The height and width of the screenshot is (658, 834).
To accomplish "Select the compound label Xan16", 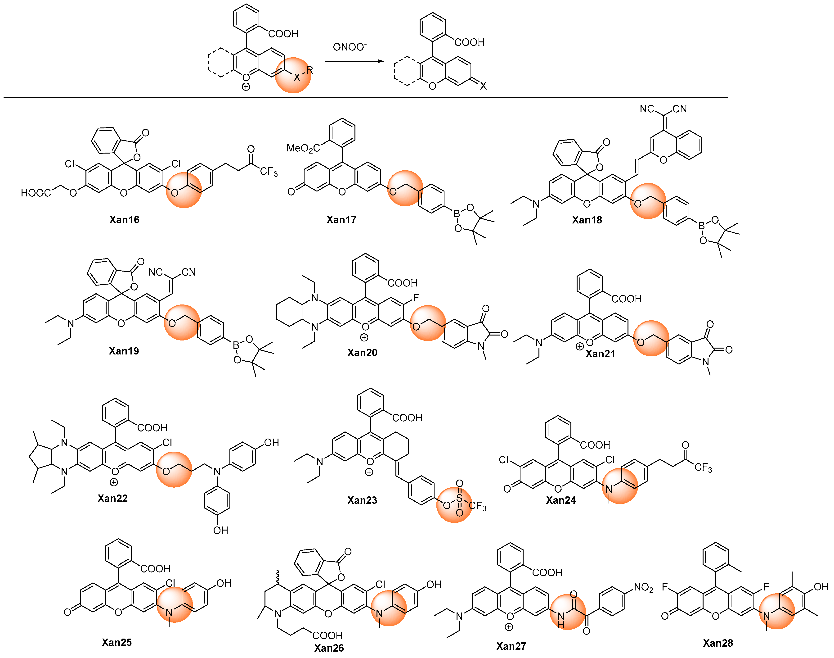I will [124, 220].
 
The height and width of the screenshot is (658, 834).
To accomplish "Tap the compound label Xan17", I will [341, 220].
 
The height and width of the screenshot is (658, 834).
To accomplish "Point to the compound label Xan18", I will [587, 220].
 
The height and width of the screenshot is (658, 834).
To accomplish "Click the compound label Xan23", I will [362, 500].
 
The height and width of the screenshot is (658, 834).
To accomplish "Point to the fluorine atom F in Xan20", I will [416, 298].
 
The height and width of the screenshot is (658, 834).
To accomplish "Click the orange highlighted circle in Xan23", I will [454, 505].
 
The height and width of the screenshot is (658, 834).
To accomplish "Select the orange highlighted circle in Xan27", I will [568, 612].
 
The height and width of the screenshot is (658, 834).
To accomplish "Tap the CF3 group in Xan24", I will [703, 468].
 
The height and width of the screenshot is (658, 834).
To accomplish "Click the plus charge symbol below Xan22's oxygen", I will [114, 482].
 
